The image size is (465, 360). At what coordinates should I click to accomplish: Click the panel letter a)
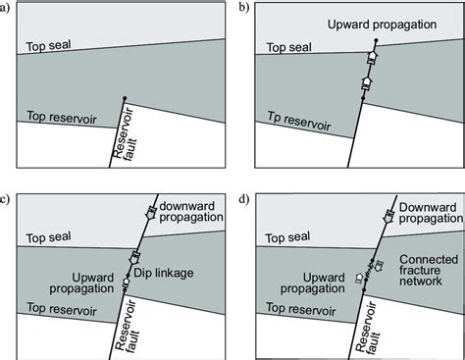click(7, 8)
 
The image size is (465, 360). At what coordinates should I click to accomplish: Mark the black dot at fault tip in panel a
click(126, 97)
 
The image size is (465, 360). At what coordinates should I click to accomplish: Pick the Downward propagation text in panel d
click(422, 215)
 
